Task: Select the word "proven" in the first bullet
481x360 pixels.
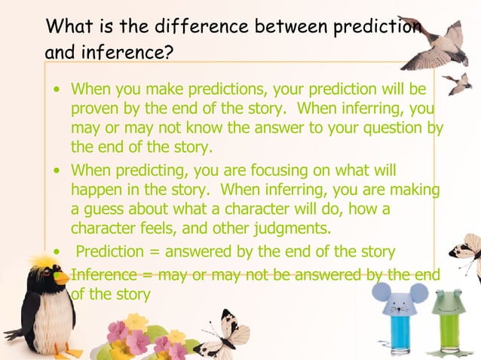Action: coord(95,109)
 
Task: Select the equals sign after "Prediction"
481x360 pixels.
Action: coord(154,251)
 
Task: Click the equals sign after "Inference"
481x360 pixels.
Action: coord(148,275)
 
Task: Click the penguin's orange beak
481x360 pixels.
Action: coord(61,276)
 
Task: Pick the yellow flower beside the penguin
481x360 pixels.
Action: coord(136,322)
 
